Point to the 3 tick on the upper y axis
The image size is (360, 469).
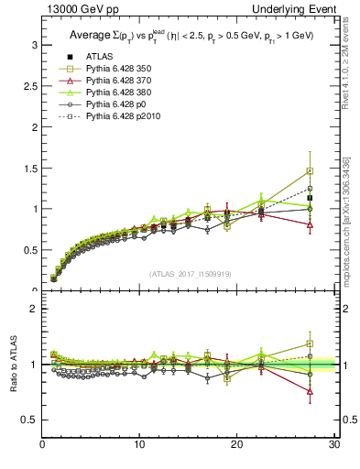[34, 45]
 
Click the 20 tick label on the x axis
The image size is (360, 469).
[236, 446]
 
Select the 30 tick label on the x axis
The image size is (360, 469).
[333, 446]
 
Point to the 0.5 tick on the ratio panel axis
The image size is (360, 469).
[30, 420]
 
